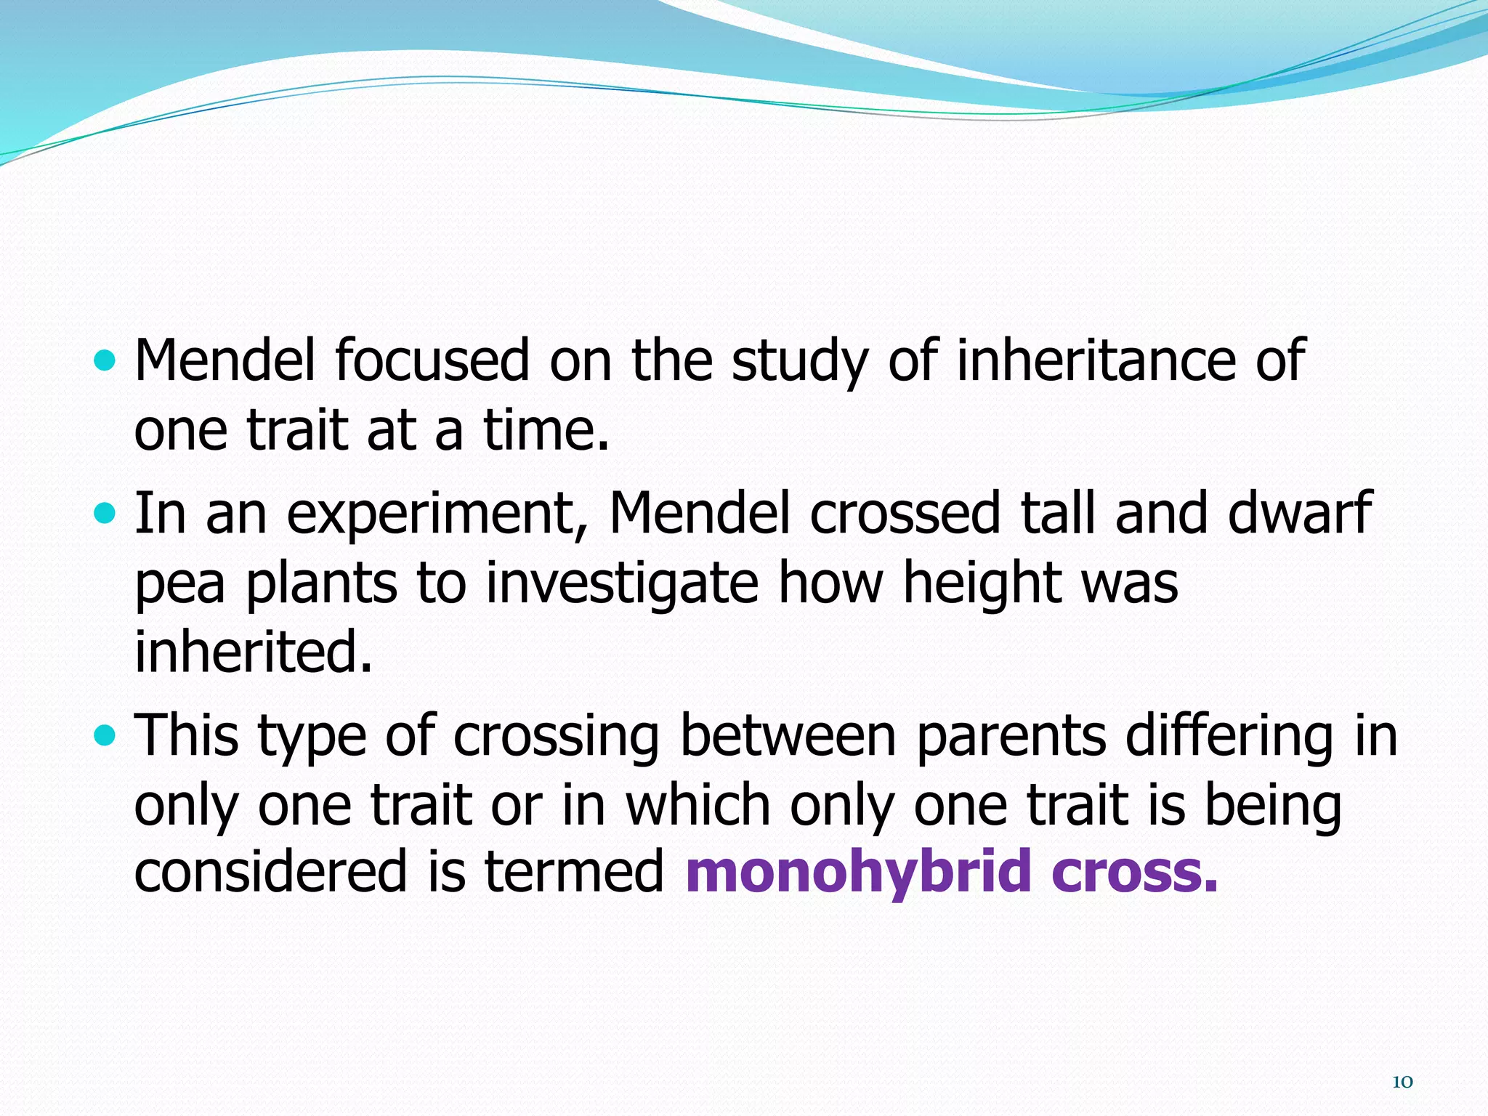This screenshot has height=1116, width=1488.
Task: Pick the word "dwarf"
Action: tap(1299, 512)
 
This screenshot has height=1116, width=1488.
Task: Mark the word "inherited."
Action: tap(254, 651)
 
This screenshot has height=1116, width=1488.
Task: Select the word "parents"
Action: tap(1011, 737)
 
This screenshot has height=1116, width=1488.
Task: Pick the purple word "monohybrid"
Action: tap(858, 873)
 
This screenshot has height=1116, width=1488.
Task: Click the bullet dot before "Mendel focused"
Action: tap(105, 360)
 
